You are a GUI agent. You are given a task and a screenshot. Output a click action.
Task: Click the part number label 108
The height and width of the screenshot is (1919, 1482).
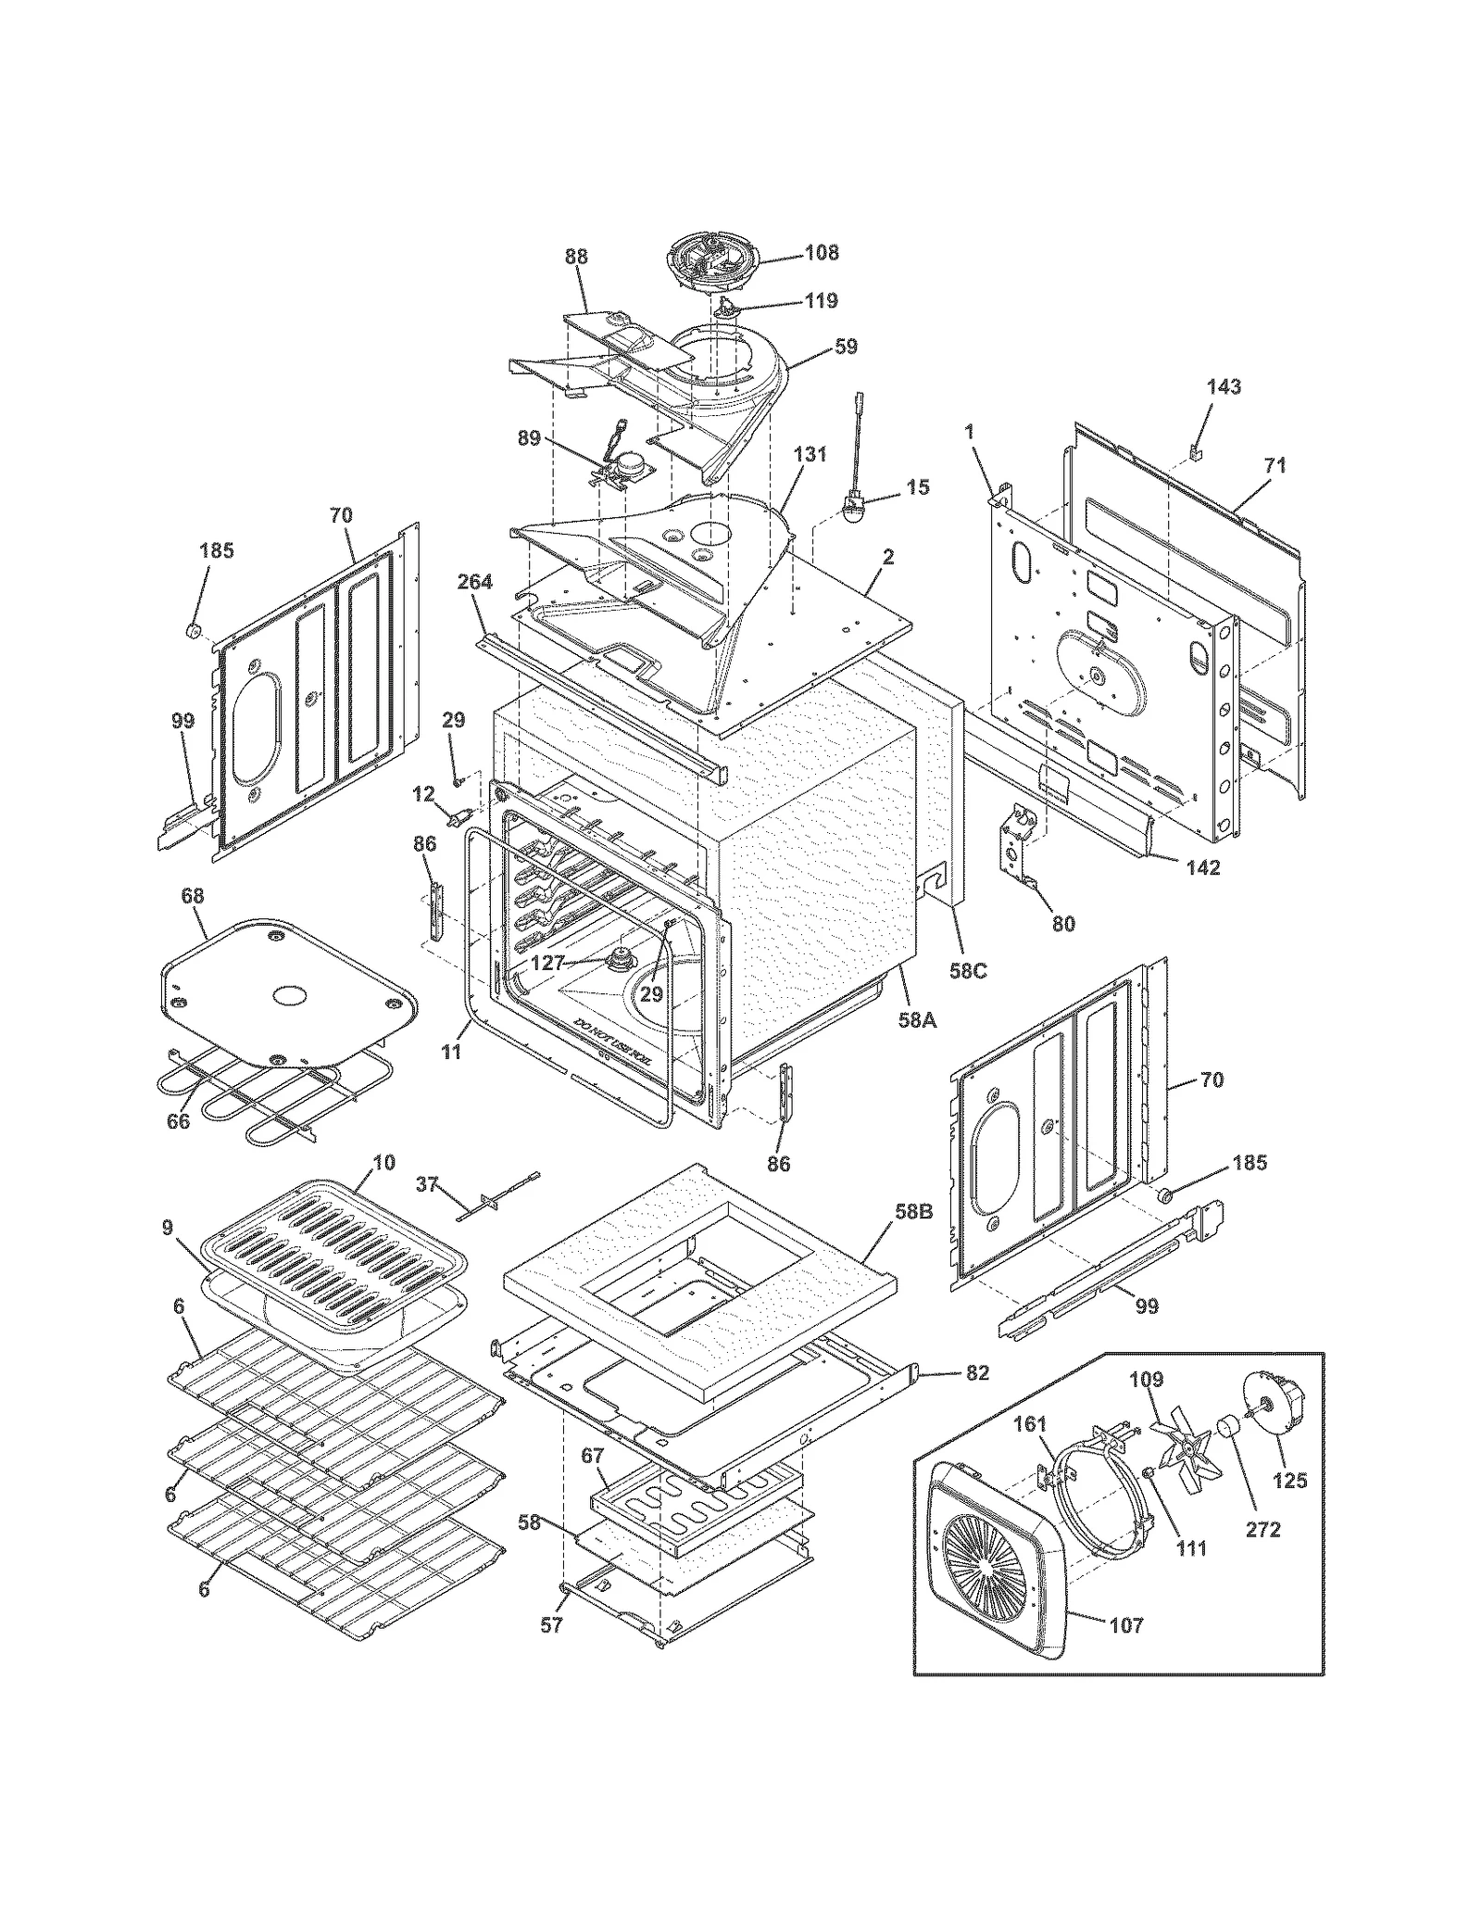coord(822,252)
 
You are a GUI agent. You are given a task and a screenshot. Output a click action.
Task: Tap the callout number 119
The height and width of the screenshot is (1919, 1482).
coord(822,300)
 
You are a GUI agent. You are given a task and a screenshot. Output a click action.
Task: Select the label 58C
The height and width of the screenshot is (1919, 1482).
coord(968,972)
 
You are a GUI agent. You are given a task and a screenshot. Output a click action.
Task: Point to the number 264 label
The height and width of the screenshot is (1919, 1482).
coord(474,582)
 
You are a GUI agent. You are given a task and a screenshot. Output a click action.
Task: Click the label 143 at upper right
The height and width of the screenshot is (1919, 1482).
coord(1224,386)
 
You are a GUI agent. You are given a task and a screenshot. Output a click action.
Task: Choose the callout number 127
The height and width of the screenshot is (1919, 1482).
coord(547,963)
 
